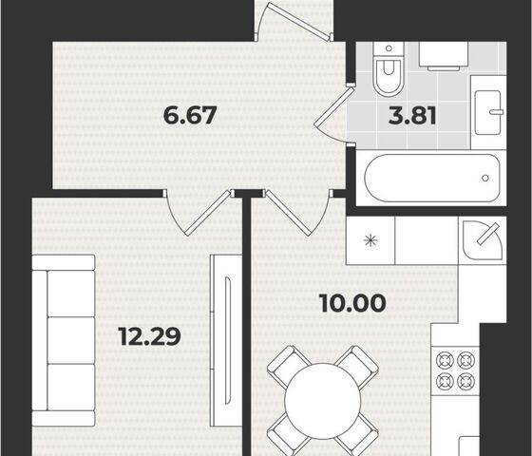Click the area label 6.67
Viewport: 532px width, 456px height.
pyautogui.click(x=190, y=115)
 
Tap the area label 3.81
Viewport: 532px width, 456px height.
pyautogui.click(x=412, y=115)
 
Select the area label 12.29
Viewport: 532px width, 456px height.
pyautogui.click(x=150, y=336)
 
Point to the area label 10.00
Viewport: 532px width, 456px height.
pyautogui.click(x=352, y=303)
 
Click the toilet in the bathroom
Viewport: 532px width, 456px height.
pyautogui.click(x=389, y=68)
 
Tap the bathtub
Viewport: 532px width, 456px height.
pyautogui.click(x=432, y=179)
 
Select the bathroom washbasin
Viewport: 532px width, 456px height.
pyautogui.click(x=488, y=112)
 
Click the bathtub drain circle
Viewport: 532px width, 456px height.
pyautogui.click(x=485, y=178)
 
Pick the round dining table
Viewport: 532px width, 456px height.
pyautogui.click(x=323, y=401)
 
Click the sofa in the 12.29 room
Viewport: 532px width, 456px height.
pyautogui.click(x=64, y=340)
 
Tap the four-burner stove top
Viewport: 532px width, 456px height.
pyautogui.click(x=455, y=370)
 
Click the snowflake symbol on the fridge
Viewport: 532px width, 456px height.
pyautogui.click(x=370, y=240)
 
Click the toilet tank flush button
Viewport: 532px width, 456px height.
pyautogui.click(x=389, y=48)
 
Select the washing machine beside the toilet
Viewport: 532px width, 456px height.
pyautogui.click(x=444, y=56)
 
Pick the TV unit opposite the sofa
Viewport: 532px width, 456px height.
pyautogui.click(x=226, y=340)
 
